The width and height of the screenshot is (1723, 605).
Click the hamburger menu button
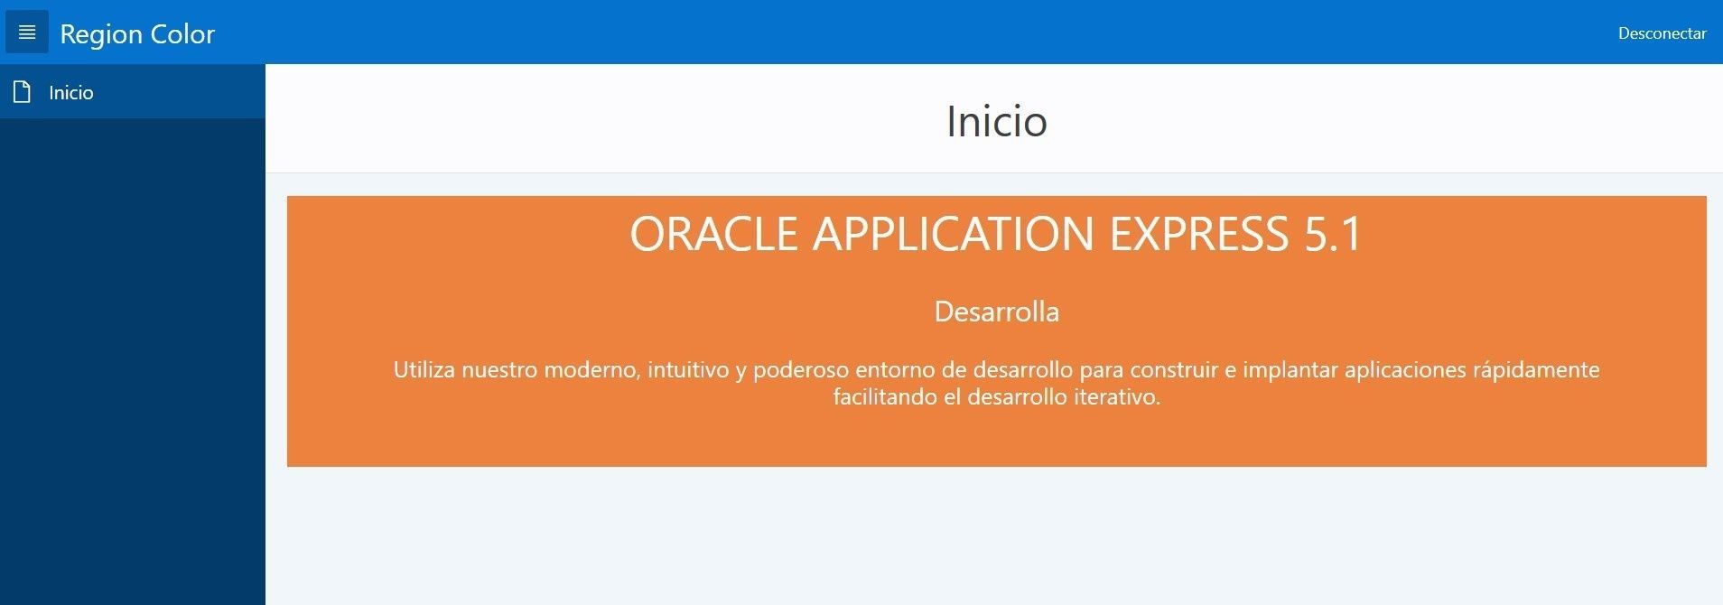[27, 33]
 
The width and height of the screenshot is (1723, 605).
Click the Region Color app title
[137, 34]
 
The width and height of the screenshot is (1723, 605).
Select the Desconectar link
[1662, 33]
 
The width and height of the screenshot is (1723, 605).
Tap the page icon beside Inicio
[23, 91]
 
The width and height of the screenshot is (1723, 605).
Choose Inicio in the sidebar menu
[71, 92]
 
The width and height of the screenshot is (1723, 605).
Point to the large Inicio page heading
[996, 121]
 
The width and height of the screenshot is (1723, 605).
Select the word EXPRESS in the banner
[1199, 234]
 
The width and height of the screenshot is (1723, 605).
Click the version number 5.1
[1333, 234]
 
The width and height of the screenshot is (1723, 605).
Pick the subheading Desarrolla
[996, 312]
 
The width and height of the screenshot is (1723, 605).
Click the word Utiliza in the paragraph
[424, 369]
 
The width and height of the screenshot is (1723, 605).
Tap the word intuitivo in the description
[688, 369]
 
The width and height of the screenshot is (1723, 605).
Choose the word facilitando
[885, 396]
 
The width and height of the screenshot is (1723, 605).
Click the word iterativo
[1116, 396]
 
